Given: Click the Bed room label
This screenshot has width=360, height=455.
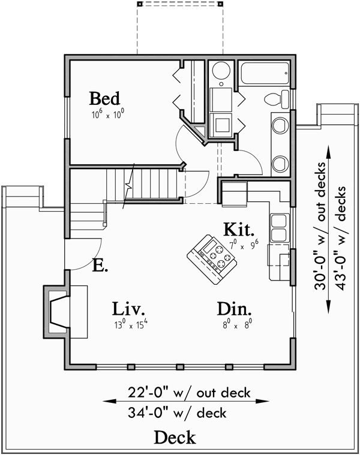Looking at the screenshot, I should [105, 98].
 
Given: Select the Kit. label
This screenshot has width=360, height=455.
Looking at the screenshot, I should [239, 229].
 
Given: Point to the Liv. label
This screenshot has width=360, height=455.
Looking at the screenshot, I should [129, 309].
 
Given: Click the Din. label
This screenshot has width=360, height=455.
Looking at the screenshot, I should [234, 309].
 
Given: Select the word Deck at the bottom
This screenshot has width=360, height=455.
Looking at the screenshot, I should [175, 438].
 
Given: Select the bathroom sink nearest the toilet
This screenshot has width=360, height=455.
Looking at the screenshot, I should [279, 125].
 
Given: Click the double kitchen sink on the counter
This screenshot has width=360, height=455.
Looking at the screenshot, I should [278, 227].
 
